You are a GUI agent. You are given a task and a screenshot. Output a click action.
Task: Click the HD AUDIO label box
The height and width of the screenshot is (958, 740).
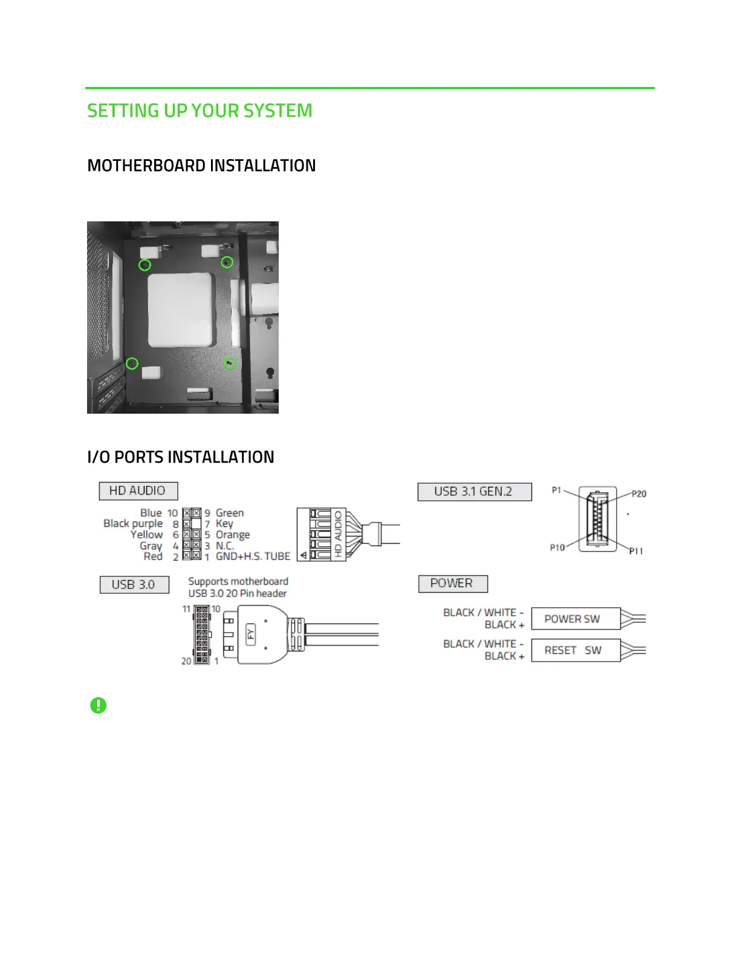coord(138,490)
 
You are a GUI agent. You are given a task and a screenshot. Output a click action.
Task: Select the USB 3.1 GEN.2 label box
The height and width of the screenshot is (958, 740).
coord(474,492)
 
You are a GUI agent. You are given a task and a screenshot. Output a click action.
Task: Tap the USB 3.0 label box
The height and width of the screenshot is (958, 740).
coord(134,585)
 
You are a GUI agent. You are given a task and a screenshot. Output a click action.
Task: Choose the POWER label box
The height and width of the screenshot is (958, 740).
coord(452,584)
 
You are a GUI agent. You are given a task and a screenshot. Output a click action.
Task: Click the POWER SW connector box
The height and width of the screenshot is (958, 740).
coord(575,619)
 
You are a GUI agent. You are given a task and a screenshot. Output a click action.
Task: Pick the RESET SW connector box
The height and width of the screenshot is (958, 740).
coord(575,650)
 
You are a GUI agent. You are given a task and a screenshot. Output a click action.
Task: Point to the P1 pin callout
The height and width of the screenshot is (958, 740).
coord(557,490)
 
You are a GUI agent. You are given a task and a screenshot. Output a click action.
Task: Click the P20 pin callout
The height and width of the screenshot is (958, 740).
coord(639,494)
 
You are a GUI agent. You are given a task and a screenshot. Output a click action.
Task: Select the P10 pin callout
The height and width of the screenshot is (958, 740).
coord(557,547)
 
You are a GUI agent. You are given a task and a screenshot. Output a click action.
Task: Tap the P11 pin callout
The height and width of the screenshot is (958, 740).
coord(636,551)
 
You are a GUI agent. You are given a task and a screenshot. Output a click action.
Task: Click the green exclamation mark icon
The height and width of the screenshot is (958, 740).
coord(98,705)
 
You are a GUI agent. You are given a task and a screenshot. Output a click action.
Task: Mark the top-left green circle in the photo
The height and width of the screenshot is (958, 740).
coord(144,265)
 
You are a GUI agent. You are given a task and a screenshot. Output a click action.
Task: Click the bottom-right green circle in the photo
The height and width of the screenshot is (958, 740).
coord(229,363)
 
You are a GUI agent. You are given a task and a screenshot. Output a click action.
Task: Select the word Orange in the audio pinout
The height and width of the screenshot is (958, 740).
coord(233,535)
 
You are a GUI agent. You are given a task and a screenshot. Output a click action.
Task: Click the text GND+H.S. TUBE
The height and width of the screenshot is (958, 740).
coord(253,556)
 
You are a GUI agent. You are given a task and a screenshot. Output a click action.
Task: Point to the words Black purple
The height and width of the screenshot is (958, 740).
coord(133,524)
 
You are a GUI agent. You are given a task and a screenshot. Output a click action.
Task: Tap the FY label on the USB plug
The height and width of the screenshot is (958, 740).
coord(251,634)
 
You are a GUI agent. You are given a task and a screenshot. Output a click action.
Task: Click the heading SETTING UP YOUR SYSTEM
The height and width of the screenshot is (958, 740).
coord(200,111)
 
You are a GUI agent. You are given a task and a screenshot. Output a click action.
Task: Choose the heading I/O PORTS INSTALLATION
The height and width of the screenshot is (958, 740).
coord(181,457)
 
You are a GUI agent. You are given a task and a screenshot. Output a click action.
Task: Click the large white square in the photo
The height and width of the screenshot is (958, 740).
coord(181,309)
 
